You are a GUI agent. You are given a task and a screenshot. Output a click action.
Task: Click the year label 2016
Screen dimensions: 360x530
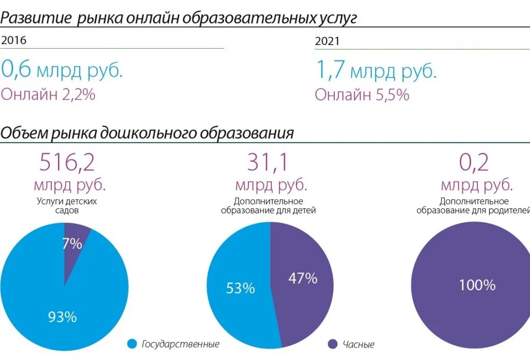point(14,40)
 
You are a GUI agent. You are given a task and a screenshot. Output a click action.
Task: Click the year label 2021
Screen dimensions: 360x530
point(327,41)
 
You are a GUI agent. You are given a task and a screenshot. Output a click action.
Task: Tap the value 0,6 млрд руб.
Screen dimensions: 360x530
point(62,69)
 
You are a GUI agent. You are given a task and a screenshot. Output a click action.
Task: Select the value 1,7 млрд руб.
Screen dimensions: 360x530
point(376,70)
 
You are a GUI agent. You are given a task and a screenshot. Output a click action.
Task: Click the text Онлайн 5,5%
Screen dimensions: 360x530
point(362,94)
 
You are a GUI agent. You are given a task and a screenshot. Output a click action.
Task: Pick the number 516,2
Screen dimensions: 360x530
point(67,163)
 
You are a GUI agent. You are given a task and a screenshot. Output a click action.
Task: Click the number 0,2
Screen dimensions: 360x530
point(474,163)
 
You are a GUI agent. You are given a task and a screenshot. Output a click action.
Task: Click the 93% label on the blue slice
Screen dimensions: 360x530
point(62,316)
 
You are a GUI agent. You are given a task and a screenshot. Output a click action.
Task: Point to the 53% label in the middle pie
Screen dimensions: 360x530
point(240,289)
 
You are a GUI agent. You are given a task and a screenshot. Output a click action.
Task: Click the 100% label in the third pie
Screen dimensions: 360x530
point(477,285)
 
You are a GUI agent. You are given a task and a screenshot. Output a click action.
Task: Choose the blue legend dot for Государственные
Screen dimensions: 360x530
point(132,343)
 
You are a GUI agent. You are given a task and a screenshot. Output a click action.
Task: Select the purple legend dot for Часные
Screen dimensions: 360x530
point(333,344)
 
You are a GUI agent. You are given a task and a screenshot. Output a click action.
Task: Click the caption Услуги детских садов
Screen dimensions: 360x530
point(67,206)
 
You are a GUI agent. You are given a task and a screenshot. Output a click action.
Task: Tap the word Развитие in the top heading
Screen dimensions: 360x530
point(35,19)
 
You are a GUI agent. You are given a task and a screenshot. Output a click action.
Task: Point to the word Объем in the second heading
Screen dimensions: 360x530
point(24,133)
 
